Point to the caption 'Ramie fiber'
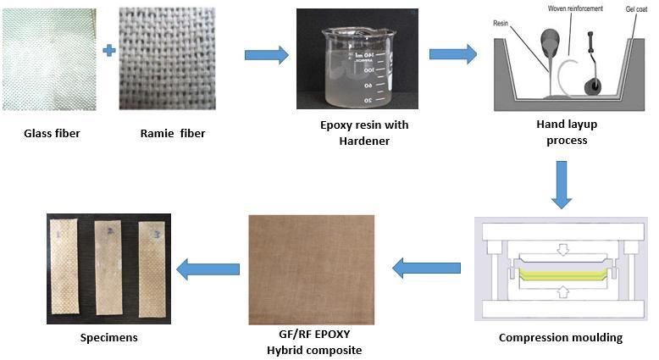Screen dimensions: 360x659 coord(173,133)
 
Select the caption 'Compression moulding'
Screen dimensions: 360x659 coord(561,337)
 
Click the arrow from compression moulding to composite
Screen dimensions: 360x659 coord(427,269)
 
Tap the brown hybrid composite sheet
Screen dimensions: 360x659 coord(310,269)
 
